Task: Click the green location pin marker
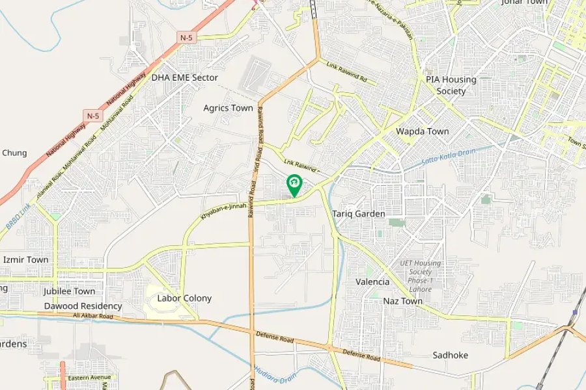(x=294, y=185)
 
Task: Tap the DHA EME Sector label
(x=184, y=77)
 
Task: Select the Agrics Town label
(x=228, y=108)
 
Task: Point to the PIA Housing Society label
(x=451, y=85)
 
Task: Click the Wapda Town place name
(x=423, y=131)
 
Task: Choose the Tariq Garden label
(x=359, y=214)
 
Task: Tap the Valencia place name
(x=372, y=282)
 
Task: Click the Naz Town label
(x=402, y=301)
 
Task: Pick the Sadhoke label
(x=450, y=355)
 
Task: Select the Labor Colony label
(x=184, y=298)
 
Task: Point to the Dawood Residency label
(x=83, y=306)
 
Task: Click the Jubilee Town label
(x=69, y=291)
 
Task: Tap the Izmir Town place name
(x=25, y=259)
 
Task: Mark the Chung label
(x=14, y=153)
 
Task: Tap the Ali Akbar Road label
(x=93, y=316)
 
